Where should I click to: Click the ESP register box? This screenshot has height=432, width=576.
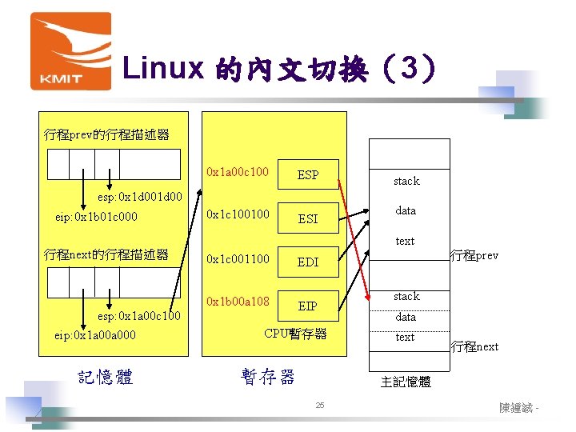308,174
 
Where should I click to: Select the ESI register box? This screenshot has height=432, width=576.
308,218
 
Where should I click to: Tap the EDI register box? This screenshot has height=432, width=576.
308,262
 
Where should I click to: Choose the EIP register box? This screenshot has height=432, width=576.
308,306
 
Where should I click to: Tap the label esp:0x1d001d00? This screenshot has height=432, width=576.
140,197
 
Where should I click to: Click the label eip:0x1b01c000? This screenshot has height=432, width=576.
94,217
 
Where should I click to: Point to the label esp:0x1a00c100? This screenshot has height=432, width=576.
139,318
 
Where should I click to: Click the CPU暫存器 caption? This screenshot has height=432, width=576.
295,334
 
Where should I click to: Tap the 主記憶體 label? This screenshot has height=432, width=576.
406,382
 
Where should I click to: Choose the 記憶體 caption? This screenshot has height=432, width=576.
106,377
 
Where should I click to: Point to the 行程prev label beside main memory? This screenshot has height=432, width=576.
474,256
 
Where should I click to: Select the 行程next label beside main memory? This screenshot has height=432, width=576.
474,346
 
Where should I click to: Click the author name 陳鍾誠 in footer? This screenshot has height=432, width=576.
517,408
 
